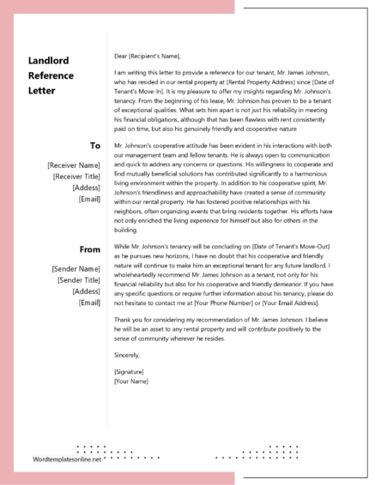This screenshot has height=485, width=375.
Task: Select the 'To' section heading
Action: [x=95, y=146]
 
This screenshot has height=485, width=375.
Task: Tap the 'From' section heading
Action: [x=90, y=249]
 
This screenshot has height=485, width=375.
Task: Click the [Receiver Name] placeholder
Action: [x=74, y=164]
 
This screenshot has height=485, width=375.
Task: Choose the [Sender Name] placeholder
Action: [x=76, y=268]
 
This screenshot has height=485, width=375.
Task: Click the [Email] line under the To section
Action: [x=89, y=199]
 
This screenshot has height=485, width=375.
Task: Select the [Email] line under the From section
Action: [x=89, y=302]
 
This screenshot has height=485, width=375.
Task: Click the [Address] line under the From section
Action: [x=86, y=291]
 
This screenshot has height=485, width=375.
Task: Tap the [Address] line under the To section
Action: [x=86, y=187]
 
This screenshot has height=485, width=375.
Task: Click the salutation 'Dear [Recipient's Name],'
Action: [x=148, y=56]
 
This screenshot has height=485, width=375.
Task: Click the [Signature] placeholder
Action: [x=129, y=371]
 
